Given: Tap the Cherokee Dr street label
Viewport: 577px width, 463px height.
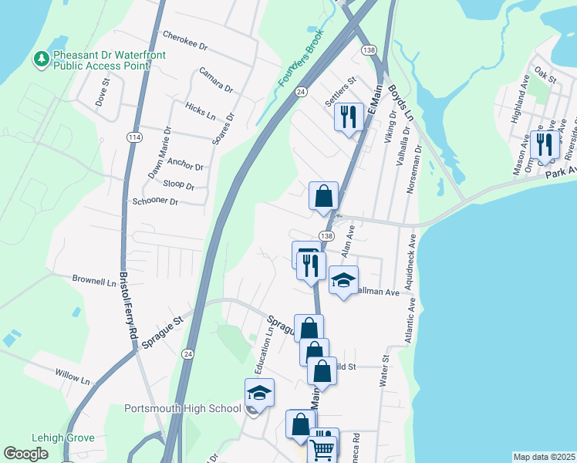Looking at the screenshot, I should coord(185,40).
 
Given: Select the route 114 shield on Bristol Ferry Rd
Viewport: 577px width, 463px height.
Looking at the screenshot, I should coord(135,137).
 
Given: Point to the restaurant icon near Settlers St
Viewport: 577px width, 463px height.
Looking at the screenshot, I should coord(349,116).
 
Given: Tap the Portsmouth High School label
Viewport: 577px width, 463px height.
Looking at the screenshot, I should coord(183,408).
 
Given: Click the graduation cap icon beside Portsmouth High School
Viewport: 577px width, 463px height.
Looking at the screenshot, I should coord(259,393).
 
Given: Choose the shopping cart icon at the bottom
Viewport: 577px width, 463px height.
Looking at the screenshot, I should coord(322,450).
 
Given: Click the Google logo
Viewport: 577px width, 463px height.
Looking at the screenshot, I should coord(26,454).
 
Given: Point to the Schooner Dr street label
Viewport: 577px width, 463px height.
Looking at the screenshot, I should coord(155,201).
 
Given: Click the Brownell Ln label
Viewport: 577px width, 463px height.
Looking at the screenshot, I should coord(93,281).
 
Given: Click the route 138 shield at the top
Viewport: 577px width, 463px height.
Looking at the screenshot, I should coord(369,49).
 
